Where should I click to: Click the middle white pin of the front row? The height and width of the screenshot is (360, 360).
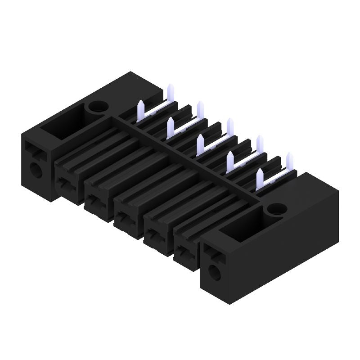coord(200,144)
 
